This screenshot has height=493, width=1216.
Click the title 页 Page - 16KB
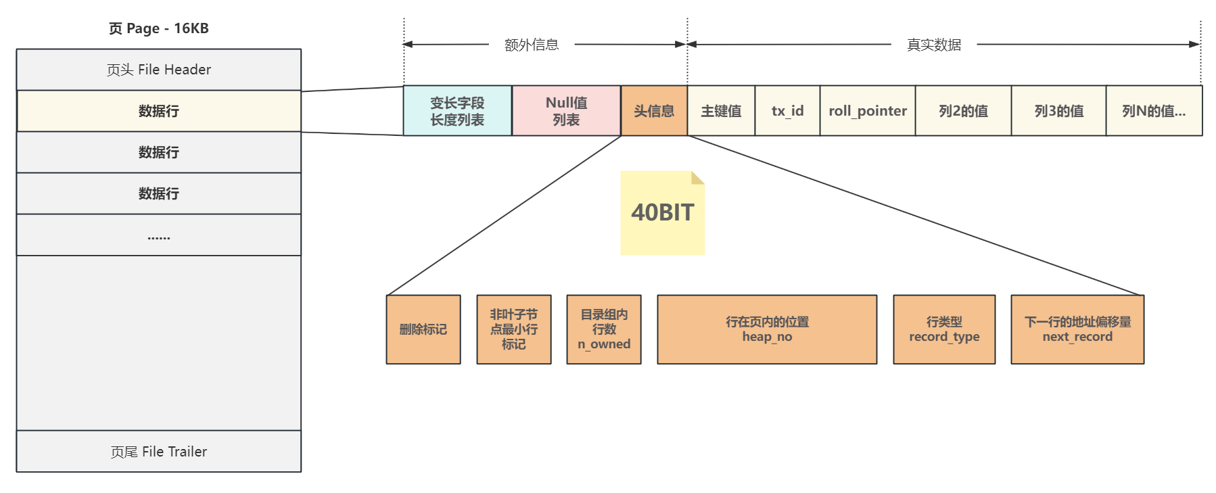tap(158, 28)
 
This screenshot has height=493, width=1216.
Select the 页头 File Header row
tap(158, 70)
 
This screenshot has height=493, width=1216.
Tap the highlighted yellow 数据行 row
tap(158, 111)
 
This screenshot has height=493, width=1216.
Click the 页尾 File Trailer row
tap(158, 451)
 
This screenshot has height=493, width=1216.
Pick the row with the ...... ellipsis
tap(158, 235)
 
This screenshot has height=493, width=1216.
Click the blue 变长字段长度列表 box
tap(457, 111)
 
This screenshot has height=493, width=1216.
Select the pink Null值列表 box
tap(566, 111)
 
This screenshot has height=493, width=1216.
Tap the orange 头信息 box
tap(654, 111)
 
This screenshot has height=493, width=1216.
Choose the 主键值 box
tap(721, 111)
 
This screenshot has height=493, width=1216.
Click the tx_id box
tap(787, 111)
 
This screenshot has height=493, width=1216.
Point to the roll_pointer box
tap(868, 111)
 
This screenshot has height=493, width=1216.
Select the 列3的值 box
tap(1058, 111)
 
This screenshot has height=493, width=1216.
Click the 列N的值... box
tap(1154, 111)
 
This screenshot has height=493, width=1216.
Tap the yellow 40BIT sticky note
tap(663, 213)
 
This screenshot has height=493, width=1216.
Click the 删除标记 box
tap(423, 329)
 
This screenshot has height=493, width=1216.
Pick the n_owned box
tap(604, 329)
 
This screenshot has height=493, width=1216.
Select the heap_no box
tap(767, 329)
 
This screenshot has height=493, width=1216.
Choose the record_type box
tap(944, 329)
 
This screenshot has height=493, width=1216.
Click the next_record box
tap(1077, 329)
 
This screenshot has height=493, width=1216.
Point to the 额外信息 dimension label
tap(532, 45)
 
